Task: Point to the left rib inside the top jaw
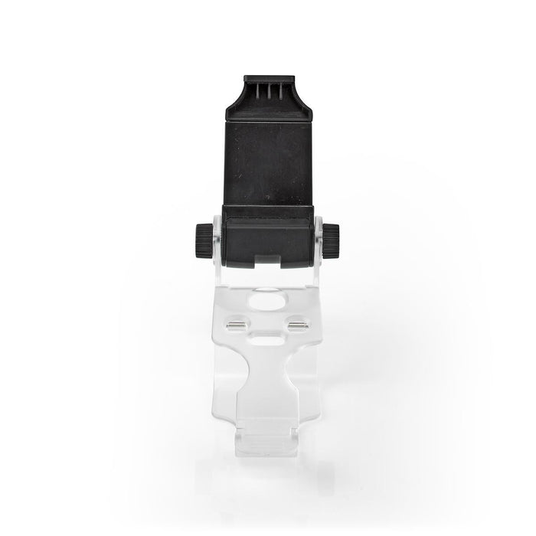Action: click(x=259, y=91)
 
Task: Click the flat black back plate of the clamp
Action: click(x=268, y=153)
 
